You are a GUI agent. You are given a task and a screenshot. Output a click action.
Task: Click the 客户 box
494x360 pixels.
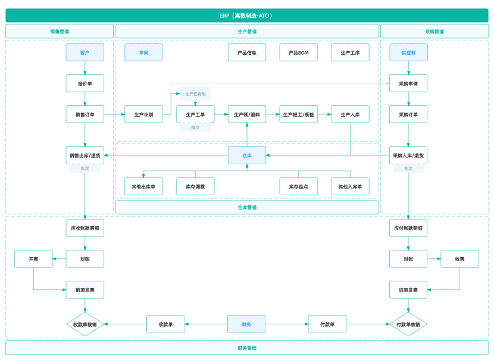click(x=85, y=52)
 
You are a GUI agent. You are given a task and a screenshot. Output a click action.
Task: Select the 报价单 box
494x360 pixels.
click(x=85, y=83)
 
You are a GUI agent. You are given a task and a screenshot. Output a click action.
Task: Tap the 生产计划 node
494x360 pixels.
click(x=143, y=114)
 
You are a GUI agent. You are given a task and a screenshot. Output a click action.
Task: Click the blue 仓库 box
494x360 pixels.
click(x=247, y=155)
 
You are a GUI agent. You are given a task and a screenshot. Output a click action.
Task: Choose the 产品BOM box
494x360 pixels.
click(x=298, y=52)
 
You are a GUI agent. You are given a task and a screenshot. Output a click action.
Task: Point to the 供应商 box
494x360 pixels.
click(x=408, y=52)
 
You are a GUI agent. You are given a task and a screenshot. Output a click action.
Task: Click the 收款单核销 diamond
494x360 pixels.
click(x=85, y=324)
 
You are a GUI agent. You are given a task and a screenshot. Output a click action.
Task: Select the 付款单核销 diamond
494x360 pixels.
click(x=408, y=324)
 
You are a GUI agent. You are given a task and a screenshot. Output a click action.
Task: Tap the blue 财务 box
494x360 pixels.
click(x=246, y=324)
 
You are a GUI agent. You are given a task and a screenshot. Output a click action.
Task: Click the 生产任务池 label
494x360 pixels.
click(x=195, y=94)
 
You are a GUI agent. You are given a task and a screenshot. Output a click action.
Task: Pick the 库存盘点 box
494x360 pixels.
click(x=298, y=186)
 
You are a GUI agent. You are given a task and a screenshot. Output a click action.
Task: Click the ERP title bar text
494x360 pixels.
click(x=246, y=15)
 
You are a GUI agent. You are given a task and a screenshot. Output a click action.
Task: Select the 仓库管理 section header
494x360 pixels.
click(x=247, y=207)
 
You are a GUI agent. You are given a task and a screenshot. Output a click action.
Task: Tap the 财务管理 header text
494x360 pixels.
click(x=247, y=348)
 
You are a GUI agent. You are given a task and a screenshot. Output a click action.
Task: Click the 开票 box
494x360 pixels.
click(x=33, y=259)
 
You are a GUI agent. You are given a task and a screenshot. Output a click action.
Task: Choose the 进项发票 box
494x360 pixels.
click(x=408, y=290)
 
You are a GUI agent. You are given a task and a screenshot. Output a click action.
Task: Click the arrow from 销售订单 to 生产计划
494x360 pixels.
click(x=114, y=114)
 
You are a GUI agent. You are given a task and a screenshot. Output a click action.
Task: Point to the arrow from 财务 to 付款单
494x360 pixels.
click(x=287, y=324)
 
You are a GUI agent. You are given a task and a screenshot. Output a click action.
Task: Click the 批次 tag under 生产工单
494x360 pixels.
click(x=195, y=127)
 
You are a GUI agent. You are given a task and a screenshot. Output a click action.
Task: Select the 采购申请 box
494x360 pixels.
click(x=408, y=83)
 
